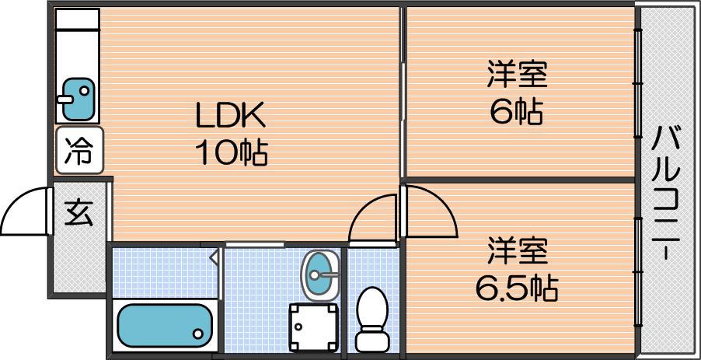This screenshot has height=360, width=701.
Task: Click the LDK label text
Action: (x=231, y=115)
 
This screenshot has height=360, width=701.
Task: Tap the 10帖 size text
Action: (x=231, y=152)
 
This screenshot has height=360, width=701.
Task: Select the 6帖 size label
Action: (x=517, y=112)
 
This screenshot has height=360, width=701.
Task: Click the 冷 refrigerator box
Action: (x=79, y=150)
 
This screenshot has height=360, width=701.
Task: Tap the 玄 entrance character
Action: (x=78, y=213)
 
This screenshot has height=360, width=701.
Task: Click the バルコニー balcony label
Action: (x=665, y=193)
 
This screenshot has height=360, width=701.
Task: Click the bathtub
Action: (x=165, y=326)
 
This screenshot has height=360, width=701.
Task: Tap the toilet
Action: (x=372, y=320)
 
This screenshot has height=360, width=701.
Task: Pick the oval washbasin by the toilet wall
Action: (x=320, y=274)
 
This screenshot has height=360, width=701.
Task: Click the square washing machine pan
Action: (x=313, y=327)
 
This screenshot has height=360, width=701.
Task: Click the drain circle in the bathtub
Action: (x=197, y=333)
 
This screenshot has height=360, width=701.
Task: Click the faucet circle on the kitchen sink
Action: (x=84, y=91)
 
